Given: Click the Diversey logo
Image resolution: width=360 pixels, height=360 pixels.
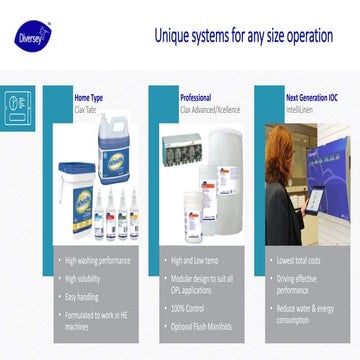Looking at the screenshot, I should (30, 36).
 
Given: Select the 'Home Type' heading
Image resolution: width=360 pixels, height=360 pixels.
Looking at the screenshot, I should (89, 98).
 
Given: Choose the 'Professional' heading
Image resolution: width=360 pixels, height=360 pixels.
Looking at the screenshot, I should (195, 98).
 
